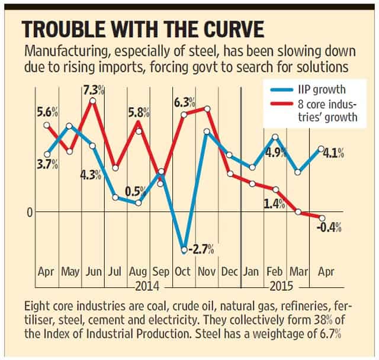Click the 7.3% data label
pos(94,91)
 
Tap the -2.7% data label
pos(201,249)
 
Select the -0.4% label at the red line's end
pos(329,227)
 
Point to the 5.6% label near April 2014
pos(47,112)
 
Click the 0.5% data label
pos(136,191)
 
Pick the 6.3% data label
pos(185,102)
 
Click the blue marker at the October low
pos(184,249)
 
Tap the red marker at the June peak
pos(92,101)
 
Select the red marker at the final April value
pos(322,218)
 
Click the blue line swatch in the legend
pos(281,90)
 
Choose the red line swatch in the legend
pos(281,104)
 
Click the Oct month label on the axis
pos(183,272)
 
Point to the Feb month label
pos(274,272)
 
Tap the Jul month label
pos(114,272)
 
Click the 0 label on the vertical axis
pos(30,213)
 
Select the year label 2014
pos(147,287)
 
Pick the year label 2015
pos(281,287)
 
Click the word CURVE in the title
pos(233,30)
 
